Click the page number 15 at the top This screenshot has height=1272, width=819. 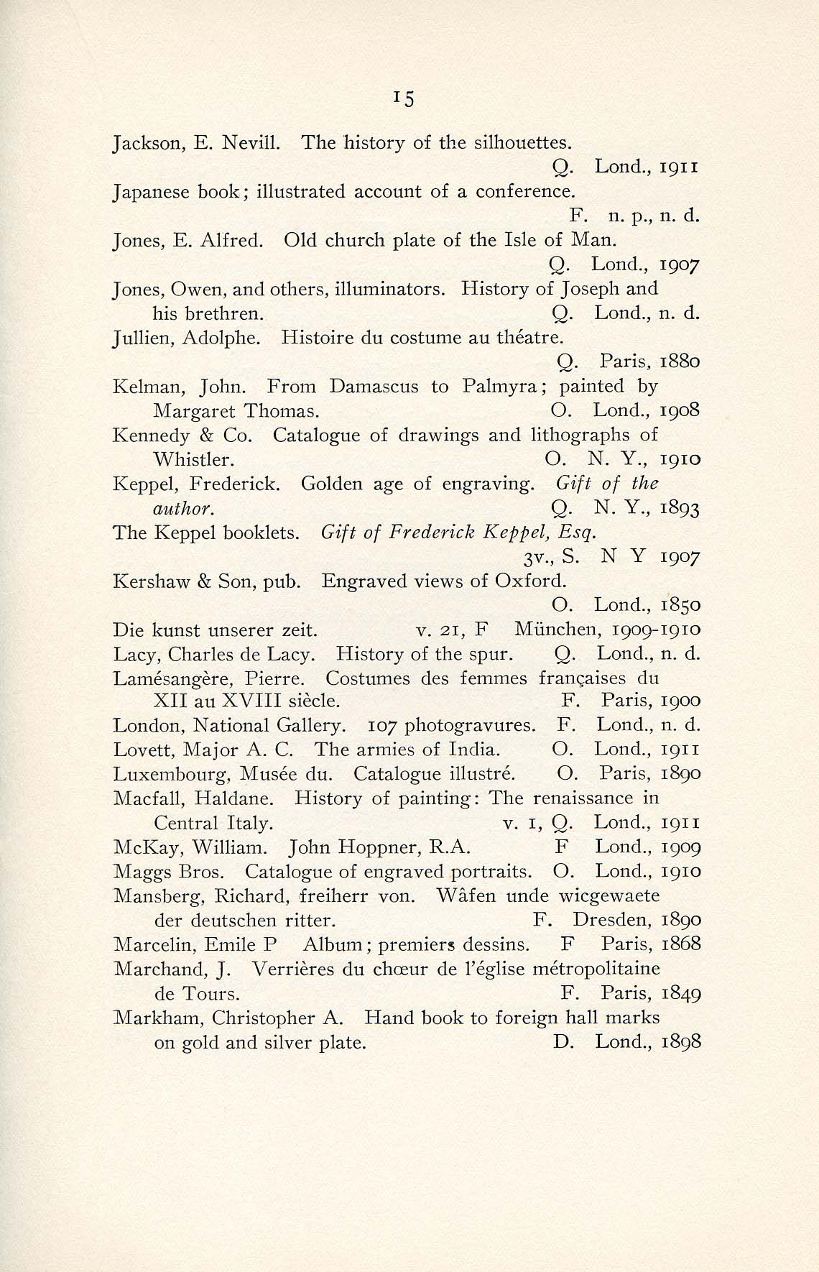[x=405, y=98]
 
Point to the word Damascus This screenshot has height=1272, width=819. [x=374, y=387]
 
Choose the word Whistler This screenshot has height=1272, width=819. [x=193, y=459]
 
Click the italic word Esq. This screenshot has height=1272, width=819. [x=581, y=533]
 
